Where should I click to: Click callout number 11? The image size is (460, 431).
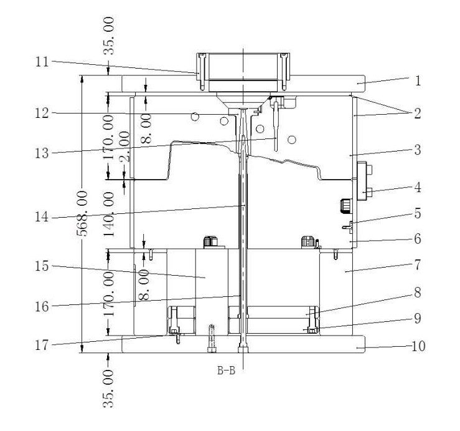pyautogui.click(x=42, y=62)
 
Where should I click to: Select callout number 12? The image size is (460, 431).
pyautogui.click(x=42, y=113)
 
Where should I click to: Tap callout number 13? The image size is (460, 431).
pyautogui.click(x=42, y=153)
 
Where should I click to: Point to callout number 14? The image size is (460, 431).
pyautogui.click(x=42, y=217)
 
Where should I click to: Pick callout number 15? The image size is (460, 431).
pyautogui.click(x=42, y=266)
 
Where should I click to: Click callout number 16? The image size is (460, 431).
pyautogui.click(x=42, y=307)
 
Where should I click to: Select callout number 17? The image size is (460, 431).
pyautogui.click(x=42, y=345)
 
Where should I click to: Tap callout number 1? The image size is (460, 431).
pyautogui.click(x=418, y=80)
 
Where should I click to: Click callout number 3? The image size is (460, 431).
pyautogui.click(x=418, y=150)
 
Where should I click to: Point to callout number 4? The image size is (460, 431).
pyautogui.click(x=418, y=187)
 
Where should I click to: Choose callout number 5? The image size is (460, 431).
pyautogui.click(x=418, y=213)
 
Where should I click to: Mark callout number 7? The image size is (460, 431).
pyautogui.click(x=418, y=265)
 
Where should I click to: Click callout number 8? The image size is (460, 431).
pyautogui.click(x=418, y=293)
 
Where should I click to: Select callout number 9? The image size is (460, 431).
pyautogui.click(x=418, y=318)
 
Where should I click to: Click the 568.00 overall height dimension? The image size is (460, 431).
pyautogui.click(x=82, y=214)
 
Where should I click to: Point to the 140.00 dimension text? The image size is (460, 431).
pyautogui.click(x=109, y=215)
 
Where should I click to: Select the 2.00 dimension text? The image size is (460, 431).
pyautogui.click(x=124, y=147)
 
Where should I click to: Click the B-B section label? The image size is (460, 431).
pyautogui.click(x=226, y=370)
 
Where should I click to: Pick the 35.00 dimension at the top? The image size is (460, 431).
pyautogui.click(x=109, y=36)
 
